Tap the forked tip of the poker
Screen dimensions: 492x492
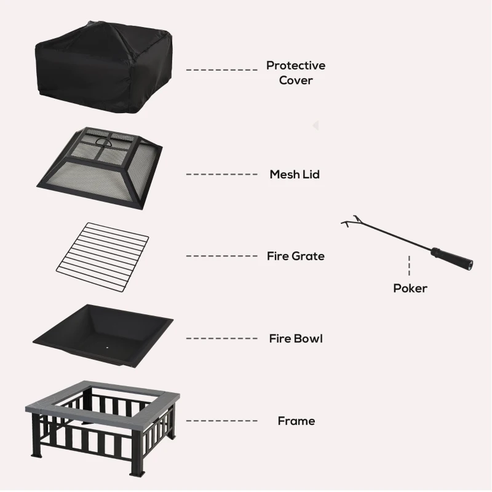point(349,222)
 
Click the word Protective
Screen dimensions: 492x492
point(296,65)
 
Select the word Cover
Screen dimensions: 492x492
point(296,81)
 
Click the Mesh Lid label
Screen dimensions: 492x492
point(295,175)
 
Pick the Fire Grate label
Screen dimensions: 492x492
point(295,256)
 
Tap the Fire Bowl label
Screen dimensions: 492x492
point(295,338)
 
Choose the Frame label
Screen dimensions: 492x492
point(296,421)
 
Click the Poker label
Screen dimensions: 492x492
point(410,288)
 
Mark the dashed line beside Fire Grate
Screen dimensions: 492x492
point(221,256)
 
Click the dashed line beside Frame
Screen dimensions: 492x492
point(221,421)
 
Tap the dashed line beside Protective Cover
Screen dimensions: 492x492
point(221,70)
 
